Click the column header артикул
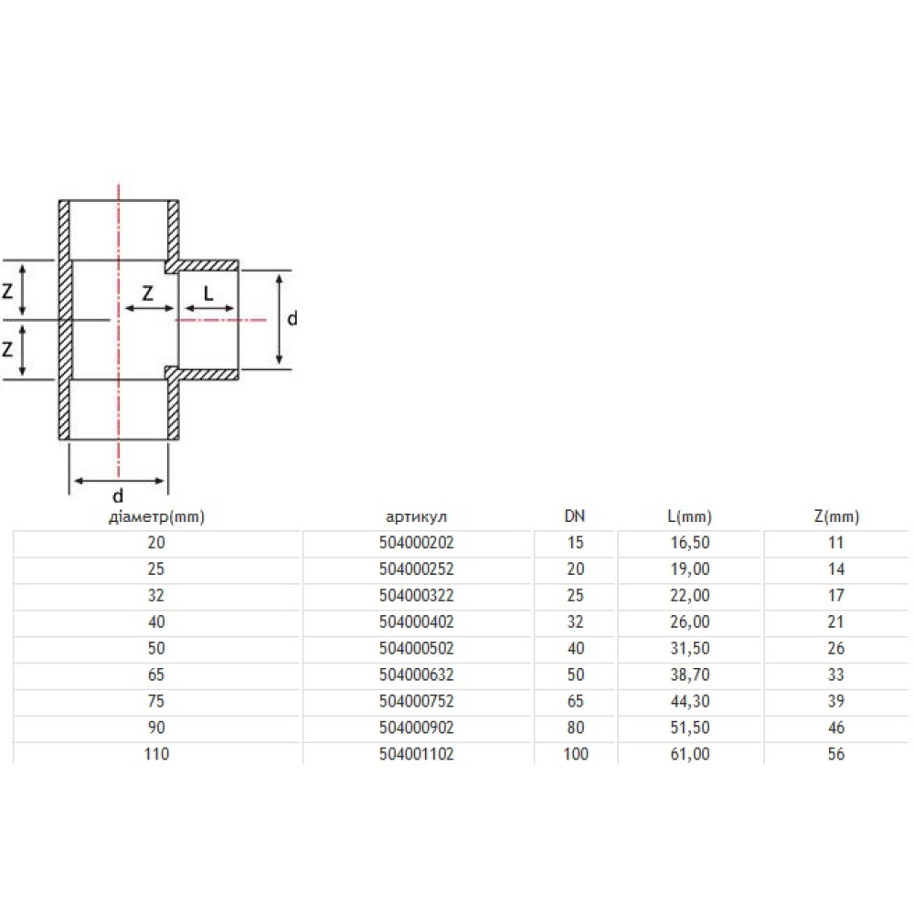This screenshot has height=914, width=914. click(416, 516)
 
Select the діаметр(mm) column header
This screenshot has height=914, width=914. click(156, 517)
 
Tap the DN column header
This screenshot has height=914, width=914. click(575, 515)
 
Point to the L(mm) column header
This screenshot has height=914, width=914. click(689, 517)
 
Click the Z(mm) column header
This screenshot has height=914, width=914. click(836, 517)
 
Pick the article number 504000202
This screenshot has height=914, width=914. click(416, 543)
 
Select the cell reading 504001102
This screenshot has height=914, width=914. click(416, 754)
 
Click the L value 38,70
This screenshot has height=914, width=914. click(690, 675)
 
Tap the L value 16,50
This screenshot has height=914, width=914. click(690, 543)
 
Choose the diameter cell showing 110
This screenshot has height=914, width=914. click(156, 754)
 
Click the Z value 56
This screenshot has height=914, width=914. click(836, 754)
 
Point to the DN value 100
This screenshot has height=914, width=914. click(575, 754)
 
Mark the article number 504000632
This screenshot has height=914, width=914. click(416, 675)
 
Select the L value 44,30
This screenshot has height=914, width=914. click(690, 701)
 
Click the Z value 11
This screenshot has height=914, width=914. click(836, 543)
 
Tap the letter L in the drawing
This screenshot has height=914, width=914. click(208, 293)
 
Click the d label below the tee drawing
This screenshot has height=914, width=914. click(118, 495)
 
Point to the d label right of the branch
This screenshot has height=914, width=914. click(292, 318)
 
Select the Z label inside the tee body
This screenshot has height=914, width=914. click(147, 293)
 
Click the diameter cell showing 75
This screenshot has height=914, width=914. click(156, 701)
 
